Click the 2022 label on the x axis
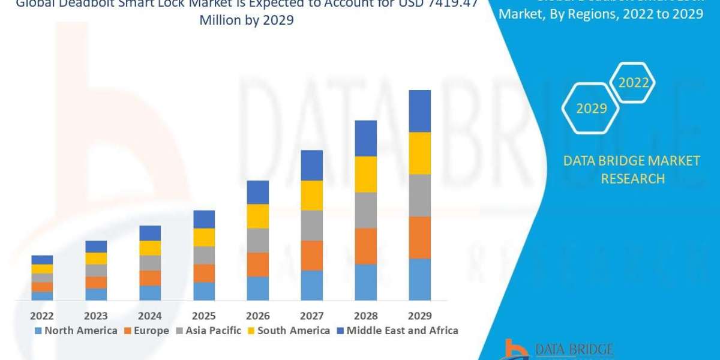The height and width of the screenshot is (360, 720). tap(41, 316)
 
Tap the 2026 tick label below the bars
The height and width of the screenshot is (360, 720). tap(257, 316)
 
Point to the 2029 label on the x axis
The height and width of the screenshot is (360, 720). tap(419, 316)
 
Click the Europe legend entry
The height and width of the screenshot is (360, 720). tap(146, 331)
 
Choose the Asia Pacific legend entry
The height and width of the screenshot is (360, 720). tap(208, 331)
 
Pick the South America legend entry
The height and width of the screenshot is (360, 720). tap(289, 331)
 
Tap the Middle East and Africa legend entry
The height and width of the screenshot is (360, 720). tap(397, 331)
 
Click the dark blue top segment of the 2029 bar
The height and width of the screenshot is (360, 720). tap(419, 111)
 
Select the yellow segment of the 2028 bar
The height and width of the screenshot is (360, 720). tap(365, 174)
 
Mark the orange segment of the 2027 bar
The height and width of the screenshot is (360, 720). tap(311, 256)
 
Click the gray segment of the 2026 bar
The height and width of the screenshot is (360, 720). tap(257, 240)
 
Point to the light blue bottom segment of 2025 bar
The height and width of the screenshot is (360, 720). tap(204, 291)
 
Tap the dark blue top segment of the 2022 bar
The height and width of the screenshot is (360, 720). tap(42, 260)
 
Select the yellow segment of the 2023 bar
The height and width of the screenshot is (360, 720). tap(96, 259)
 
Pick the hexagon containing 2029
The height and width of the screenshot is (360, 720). tap(591, 109)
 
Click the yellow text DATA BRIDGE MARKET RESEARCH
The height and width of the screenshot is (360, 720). tap(632, 169)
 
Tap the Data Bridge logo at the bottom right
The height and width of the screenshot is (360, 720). tap(558, 349)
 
